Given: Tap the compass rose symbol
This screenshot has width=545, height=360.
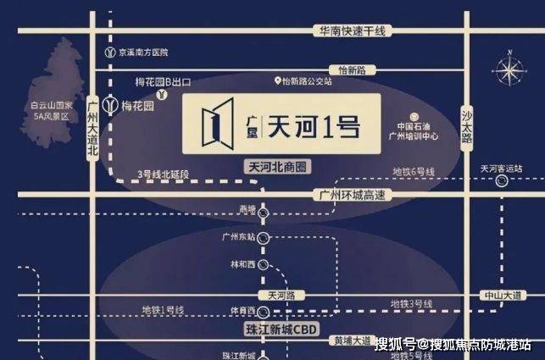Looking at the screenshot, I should pos(509,68).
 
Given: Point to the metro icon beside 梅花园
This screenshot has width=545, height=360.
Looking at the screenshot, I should pos(110,104).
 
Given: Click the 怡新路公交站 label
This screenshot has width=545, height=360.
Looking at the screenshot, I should pos(309,81).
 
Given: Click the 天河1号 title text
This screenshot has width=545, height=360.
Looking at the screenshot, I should pos(314,126).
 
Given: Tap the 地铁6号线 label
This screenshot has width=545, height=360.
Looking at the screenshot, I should pos(413,172).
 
